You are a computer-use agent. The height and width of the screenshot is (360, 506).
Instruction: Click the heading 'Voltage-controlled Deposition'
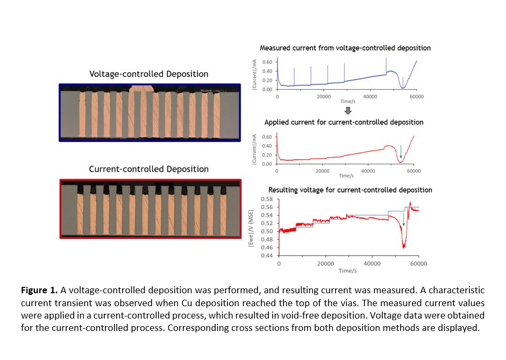[x=148, y=74]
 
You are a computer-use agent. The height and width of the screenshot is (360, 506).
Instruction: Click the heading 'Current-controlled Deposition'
[x=148, y=169]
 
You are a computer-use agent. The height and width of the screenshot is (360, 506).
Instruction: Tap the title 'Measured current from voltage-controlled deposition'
[x=345, y=48]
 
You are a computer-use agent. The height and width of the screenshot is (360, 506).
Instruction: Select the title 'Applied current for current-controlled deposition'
[x=344, y=122]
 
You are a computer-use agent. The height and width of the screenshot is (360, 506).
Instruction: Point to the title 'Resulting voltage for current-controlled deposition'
[x=350, y=190]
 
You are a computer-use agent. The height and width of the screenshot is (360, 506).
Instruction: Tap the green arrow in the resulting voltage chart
[x=403, y=219]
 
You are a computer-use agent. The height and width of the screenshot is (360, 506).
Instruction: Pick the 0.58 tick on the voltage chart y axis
[x=267, y=199]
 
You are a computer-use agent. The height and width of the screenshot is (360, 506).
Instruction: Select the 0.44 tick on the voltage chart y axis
[x=267, y=256]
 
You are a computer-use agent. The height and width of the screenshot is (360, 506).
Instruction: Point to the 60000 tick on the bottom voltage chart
[x=418, y=264]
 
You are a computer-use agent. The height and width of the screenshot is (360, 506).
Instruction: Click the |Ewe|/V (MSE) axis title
[x=251, y=227]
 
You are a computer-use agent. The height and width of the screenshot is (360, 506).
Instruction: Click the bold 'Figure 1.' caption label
[x=39, y=290]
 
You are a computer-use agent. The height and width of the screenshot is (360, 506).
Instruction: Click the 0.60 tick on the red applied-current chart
[x=267, y=137]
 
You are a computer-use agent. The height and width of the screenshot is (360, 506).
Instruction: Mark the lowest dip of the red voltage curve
[x=403, y=247]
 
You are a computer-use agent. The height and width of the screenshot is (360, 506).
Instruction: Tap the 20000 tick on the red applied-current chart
[x=322, y=171]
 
